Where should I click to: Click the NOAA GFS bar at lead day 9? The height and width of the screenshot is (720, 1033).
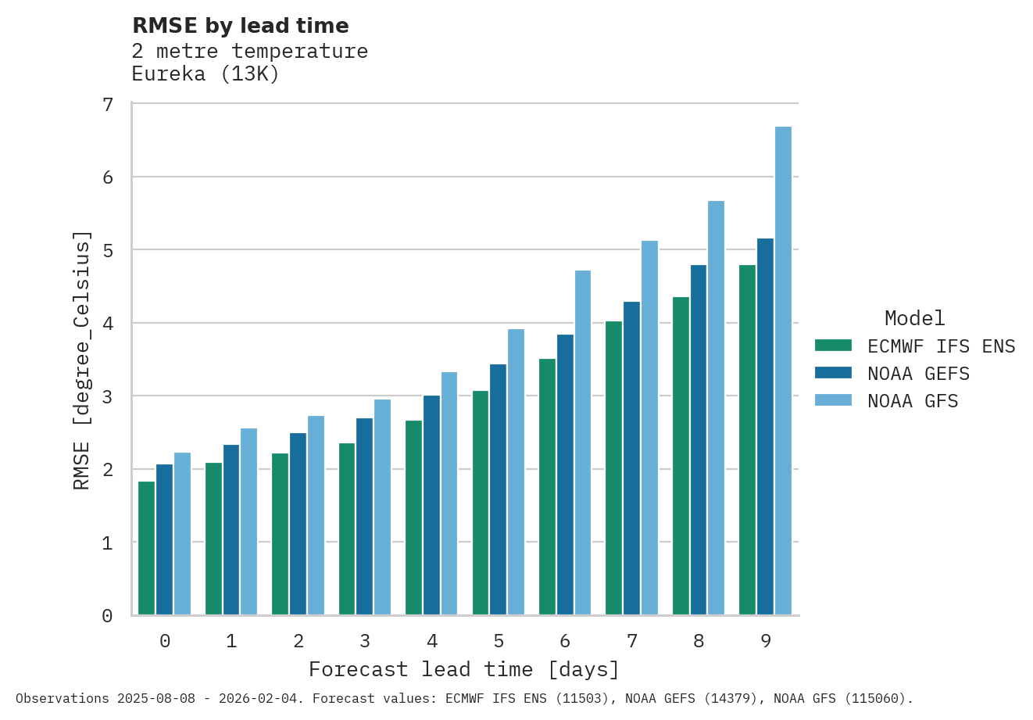click(783, 371)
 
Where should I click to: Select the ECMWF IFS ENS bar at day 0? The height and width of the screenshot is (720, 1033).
click(147, 548)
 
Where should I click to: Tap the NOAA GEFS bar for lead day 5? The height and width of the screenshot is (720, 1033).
click(498, 489)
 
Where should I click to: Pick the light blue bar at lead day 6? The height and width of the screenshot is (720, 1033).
click(583, 442)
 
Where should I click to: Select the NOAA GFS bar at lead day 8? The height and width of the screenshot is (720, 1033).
click(716, 407)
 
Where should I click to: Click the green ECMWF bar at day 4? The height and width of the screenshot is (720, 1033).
click(413, 518)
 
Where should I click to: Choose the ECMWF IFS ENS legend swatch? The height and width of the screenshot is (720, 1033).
click(832, 346)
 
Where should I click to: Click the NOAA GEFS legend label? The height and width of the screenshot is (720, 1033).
click(918, 374)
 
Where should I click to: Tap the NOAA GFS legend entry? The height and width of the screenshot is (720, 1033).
click(912, 401)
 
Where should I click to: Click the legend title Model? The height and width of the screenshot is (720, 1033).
click(914, 318)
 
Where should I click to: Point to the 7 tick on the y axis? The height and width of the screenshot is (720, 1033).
click(108, 105)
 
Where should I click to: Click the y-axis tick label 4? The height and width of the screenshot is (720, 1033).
click(108, 324)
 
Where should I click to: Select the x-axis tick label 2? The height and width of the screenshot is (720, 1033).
click(298, 641)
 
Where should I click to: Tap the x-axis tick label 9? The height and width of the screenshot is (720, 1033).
click(766, 641)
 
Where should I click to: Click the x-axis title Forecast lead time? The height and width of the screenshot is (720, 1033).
click(464, 670)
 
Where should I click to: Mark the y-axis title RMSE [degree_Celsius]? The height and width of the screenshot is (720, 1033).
click(82, 360)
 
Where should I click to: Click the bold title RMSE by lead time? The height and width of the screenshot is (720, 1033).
click(241, 26)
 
